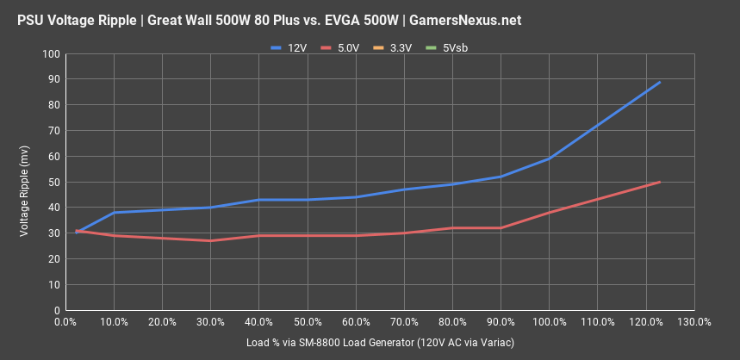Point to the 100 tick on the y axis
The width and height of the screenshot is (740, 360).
tap(52, 54)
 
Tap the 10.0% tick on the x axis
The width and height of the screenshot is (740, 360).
tap(114, 322)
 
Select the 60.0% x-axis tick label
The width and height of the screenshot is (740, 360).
tap(356, 322)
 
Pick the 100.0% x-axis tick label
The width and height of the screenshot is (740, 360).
tap(549, 322)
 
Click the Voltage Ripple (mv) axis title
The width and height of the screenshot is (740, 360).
tap(24, 182)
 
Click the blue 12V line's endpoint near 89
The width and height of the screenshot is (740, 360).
tap(660, 83)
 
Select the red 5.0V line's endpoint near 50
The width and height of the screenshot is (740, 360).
tap(660, 182)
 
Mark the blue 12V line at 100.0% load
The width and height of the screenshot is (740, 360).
tap(550, 159)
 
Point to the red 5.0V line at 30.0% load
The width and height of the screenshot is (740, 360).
tap(210, 240)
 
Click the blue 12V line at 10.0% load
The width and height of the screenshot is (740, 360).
tap(114, 213)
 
